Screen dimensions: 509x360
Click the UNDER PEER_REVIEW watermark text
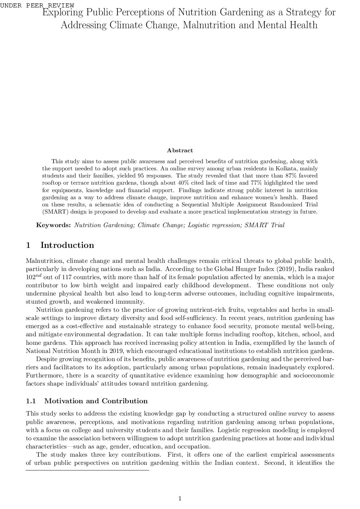pos(37,5)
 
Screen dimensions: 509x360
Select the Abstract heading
pos(180,150)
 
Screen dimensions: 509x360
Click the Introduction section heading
pos(67,245)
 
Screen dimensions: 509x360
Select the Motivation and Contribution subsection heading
pos(96,401)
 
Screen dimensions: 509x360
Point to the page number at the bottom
pos(180,498)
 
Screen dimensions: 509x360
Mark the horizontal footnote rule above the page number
pos(87,470)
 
